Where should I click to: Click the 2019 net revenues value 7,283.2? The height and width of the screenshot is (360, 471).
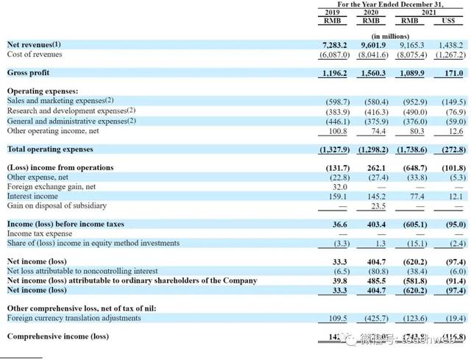[334, 45]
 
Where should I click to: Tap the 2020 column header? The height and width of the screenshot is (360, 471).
[371, 13]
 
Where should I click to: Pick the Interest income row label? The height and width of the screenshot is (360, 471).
[32, 197]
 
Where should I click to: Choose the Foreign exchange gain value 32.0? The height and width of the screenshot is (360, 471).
[338, 187]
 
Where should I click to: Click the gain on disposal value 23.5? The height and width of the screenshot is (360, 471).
[377, 206]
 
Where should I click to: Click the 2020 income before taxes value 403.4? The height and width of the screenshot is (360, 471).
[374, 225]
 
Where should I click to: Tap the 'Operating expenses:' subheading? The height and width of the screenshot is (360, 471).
[42, 91]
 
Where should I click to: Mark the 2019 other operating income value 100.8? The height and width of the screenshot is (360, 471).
[336, 130]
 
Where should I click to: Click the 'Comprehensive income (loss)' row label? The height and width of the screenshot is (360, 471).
[57, 337]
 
